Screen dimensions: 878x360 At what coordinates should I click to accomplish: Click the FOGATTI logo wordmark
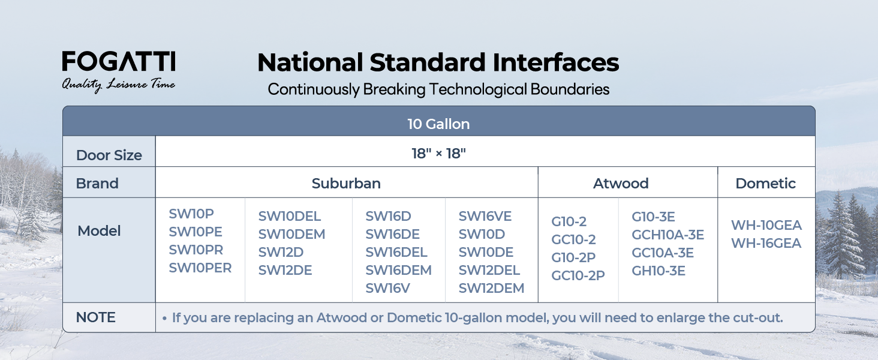pos(119,61)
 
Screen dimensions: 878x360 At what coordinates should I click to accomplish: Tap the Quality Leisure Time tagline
pos(118,85)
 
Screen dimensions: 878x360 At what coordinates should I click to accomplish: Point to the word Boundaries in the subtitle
pos(570,89)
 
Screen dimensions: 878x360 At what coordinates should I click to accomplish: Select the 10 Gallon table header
pos(438,124)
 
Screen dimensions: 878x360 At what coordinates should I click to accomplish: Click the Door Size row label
pos(109,155)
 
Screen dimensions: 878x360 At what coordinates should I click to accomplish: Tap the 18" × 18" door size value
pos(438,154)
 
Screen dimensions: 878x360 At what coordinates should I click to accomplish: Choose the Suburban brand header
pos(346,183)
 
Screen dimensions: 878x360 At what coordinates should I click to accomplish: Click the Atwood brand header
pos(621,183)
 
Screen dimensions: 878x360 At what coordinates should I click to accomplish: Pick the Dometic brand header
pos(765,183)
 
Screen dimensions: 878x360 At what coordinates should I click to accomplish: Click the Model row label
pos(99,231)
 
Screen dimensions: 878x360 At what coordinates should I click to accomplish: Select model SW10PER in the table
pos(200,268)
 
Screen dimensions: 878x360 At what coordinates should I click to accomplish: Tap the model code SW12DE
pos(285,270)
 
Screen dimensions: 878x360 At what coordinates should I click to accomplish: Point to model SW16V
pos(387,288)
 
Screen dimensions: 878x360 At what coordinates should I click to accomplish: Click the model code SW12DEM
pos(492,288)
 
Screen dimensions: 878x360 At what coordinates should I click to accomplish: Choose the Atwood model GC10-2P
pos(578,275)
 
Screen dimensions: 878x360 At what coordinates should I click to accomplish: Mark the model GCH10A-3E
pos(668,235)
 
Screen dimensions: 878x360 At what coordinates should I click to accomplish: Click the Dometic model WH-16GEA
pos(766,243)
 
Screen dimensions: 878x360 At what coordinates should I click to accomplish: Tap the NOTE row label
pos(95,317)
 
